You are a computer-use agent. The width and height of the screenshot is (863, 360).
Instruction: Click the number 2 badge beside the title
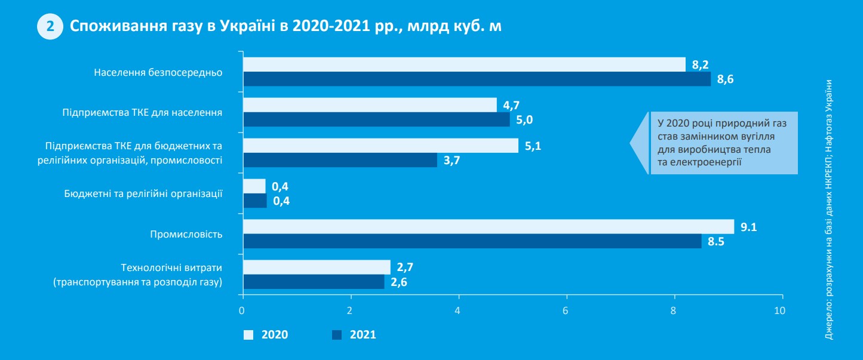(x=51, y=27)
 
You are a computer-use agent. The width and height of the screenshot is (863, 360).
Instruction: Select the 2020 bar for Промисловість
(x=488, y=227)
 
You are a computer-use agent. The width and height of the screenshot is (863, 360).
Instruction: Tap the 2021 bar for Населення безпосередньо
(x=477, y=79)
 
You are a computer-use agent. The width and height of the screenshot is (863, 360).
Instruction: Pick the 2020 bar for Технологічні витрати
(x=316, y=267)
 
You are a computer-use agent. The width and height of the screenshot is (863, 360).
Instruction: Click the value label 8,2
(x=700, y=64)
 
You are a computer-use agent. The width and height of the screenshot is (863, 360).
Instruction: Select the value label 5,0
(x=524, y=120)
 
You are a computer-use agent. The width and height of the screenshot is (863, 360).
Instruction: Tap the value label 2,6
(x=399, y=282)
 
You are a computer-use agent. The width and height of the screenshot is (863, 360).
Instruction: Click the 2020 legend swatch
(x=248, y=335)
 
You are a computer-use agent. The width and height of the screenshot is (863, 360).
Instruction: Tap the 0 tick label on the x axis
(x=242, y=310)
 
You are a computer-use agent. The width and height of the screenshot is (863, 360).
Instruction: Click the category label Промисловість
(x=186, y=234)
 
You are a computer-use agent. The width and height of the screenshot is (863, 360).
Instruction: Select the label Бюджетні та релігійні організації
(x=143, y=193)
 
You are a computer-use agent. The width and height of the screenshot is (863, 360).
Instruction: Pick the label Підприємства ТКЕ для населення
(x=143, y=112)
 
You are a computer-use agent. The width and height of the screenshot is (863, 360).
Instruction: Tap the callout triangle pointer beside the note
(x=640, y=143)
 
